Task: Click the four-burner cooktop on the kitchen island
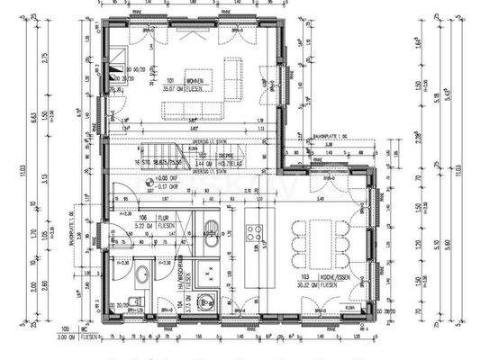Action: (x=255, y=234)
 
